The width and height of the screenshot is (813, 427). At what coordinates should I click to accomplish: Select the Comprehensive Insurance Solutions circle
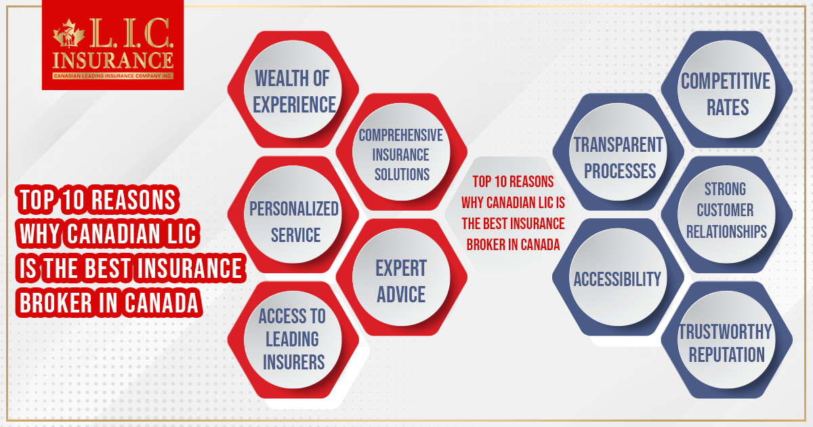click(x=401, y=154)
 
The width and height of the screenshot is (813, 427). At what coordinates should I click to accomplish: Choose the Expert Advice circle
click(x=401, y=281)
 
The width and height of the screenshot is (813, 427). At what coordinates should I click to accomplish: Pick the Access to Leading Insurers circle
click(x=292, y=339)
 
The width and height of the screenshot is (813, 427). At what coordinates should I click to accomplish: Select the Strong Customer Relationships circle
click(x=726, y=210)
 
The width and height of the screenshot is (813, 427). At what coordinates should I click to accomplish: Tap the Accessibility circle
click(x=617, y=279)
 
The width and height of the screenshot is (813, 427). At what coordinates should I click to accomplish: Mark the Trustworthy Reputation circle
click(x=726, y=342)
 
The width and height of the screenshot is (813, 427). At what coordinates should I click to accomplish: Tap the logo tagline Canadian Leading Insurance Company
click(x=113, y=76)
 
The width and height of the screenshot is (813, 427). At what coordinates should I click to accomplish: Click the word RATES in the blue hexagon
click(x=726, y=106)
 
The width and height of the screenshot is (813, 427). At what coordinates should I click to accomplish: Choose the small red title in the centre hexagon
click(x=513, y=213)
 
